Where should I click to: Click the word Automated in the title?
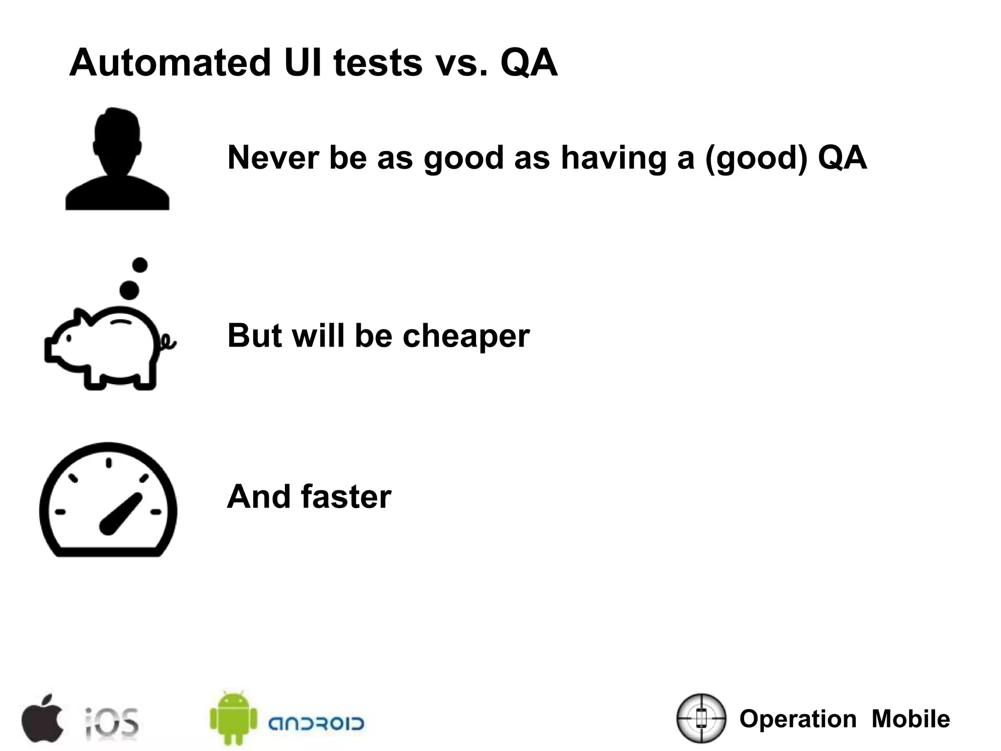coord(170,63)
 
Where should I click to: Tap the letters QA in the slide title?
coord(529,63)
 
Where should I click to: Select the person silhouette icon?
coord(117,159)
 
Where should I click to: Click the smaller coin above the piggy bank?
coord(140,265)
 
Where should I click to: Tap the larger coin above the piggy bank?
coord(129,290)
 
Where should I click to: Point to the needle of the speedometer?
coord(121,513)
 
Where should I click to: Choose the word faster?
coord(346,496)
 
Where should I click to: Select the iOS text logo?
coord(112,722)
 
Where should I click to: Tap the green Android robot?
coord(234,718)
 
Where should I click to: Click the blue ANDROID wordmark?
coord(316,723)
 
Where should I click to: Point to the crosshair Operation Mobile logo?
coord(701,718)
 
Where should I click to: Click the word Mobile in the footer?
coord(911,719)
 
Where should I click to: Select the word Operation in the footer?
coord(798,719)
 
